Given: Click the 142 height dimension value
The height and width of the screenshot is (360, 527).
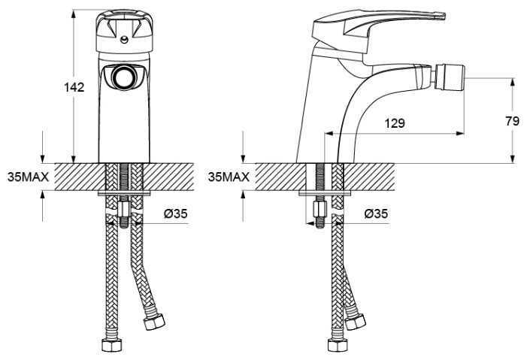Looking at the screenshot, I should pyautogui.click(x=74, y=86).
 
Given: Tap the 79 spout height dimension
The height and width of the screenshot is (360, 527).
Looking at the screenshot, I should pyautogui.click(x=513, y=119).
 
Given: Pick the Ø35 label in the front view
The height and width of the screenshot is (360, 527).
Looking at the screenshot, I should pyautogui.click(x=175, y=214).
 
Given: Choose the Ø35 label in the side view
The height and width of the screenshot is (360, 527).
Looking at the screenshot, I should pyautogui.click(x=376, y=214).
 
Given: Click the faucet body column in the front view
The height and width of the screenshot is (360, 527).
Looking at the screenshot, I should pyautogui.click(x=121, y=120).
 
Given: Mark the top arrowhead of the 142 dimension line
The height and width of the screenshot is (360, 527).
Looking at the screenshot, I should pyautogui.click(x=74, y=12).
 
